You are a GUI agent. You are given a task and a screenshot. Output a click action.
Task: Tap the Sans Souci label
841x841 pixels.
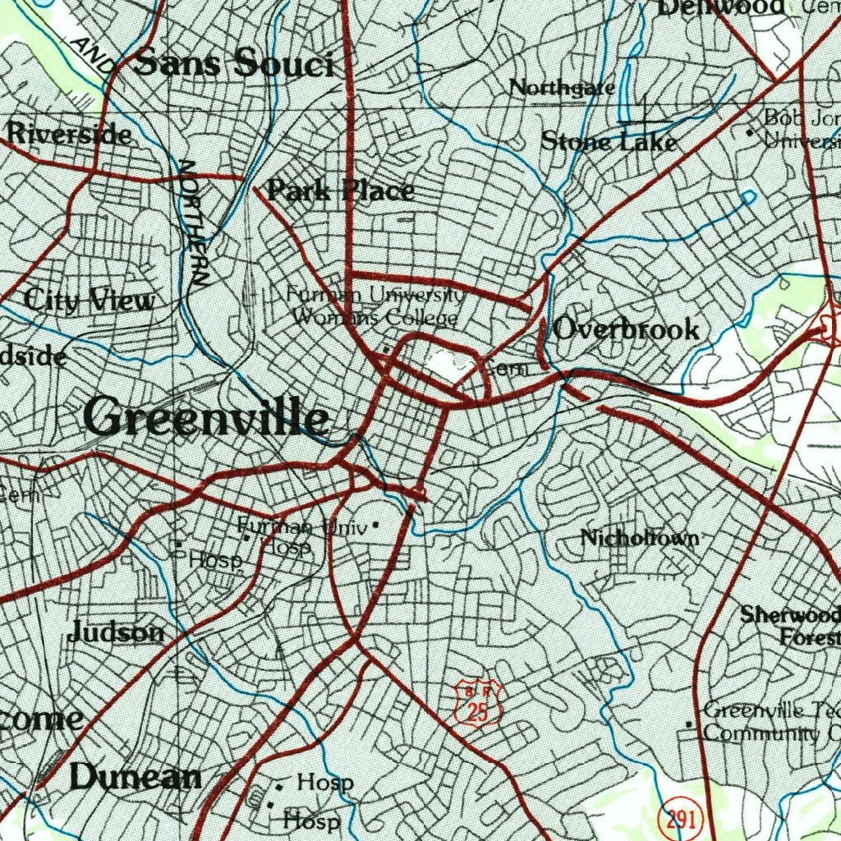pos(233,63)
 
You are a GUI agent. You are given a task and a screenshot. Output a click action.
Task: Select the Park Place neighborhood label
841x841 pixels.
pos(341,191)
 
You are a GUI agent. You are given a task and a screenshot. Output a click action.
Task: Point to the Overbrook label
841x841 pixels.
pos(626,329)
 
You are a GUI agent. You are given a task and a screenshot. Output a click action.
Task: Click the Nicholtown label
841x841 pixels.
pos(640,538)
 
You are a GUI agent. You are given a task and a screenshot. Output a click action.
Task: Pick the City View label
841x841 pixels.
pos(89,301)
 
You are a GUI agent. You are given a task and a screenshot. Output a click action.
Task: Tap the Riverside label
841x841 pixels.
pos(69,133)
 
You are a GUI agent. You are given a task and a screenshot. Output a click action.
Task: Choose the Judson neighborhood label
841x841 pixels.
pos(116,632)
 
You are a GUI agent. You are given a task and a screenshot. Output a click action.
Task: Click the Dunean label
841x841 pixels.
pos(136,776)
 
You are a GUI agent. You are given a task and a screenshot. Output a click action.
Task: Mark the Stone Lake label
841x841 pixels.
pos(609,141)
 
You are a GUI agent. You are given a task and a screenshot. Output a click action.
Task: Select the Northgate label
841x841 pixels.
pos(562,87)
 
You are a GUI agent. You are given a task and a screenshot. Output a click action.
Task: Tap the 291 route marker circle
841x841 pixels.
pos(678,818)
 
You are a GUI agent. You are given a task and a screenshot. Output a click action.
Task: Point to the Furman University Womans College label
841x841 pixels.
pos(375,306)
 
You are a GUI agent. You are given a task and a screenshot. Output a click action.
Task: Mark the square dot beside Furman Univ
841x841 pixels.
pos(376,523)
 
